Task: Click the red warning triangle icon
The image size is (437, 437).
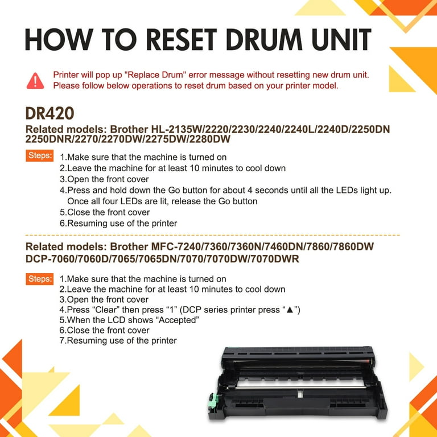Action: click(35, 81)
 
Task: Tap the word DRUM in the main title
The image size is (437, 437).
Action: click(264, 39)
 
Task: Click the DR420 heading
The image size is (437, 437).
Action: click(50, 113)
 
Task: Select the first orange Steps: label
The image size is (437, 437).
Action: click(40, 155)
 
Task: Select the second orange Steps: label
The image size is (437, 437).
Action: click(40, 279)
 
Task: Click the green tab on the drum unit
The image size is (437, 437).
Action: click(213, 401)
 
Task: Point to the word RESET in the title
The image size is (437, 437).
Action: click(182, 39)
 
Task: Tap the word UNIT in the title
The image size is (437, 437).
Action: click(341, 39)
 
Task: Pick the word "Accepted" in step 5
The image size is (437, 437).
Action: click(179, 320)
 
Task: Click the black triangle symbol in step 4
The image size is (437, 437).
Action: click(290, 310)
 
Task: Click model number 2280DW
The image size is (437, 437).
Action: click(210, 139)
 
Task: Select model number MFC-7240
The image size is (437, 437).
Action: click(176, 246)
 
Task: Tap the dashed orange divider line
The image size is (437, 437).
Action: click(212, 235)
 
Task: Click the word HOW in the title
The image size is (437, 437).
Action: click(59, 39)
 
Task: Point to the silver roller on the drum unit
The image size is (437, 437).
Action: click(301, 387)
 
